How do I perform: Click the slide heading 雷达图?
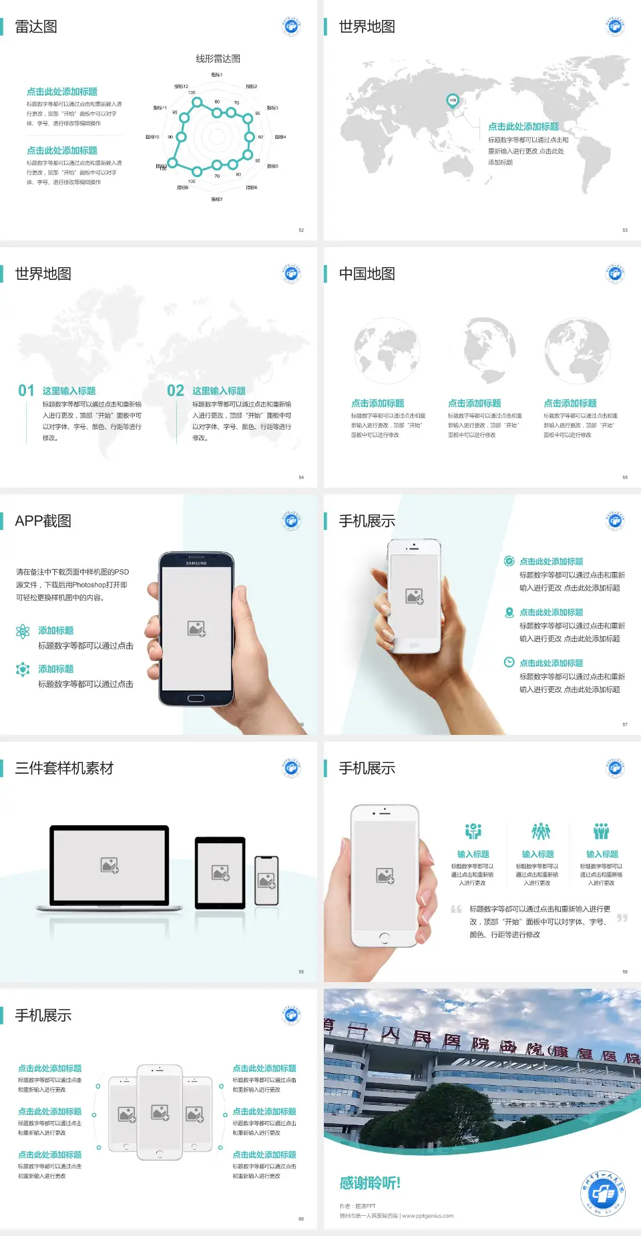coord(36,27)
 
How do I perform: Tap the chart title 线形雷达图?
coord(218,59)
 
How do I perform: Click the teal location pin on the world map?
coord(452,101)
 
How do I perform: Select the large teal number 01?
coord(26,390)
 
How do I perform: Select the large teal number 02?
coord(176,390)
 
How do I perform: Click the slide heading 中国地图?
coord(367,274)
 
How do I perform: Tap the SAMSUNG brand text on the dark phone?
coord(196,563)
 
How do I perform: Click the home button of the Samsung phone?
coord(196,698)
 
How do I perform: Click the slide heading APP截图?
coord(43,521)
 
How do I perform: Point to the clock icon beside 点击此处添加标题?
coord(509,662)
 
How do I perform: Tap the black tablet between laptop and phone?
coord(220,872)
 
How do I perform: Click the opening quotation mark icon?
coord(456,909)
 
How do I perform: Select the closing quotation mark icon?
coord(622,918)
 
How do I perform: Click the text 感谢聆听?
coord(370,1183)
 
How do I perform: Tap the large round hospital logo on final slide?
coord(603,1193)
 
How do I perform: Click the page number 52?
coord(301,230)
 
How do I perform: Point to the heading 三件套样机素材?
coord(64,768)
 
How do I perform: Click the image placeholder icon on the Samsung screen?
coord(196,628)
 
